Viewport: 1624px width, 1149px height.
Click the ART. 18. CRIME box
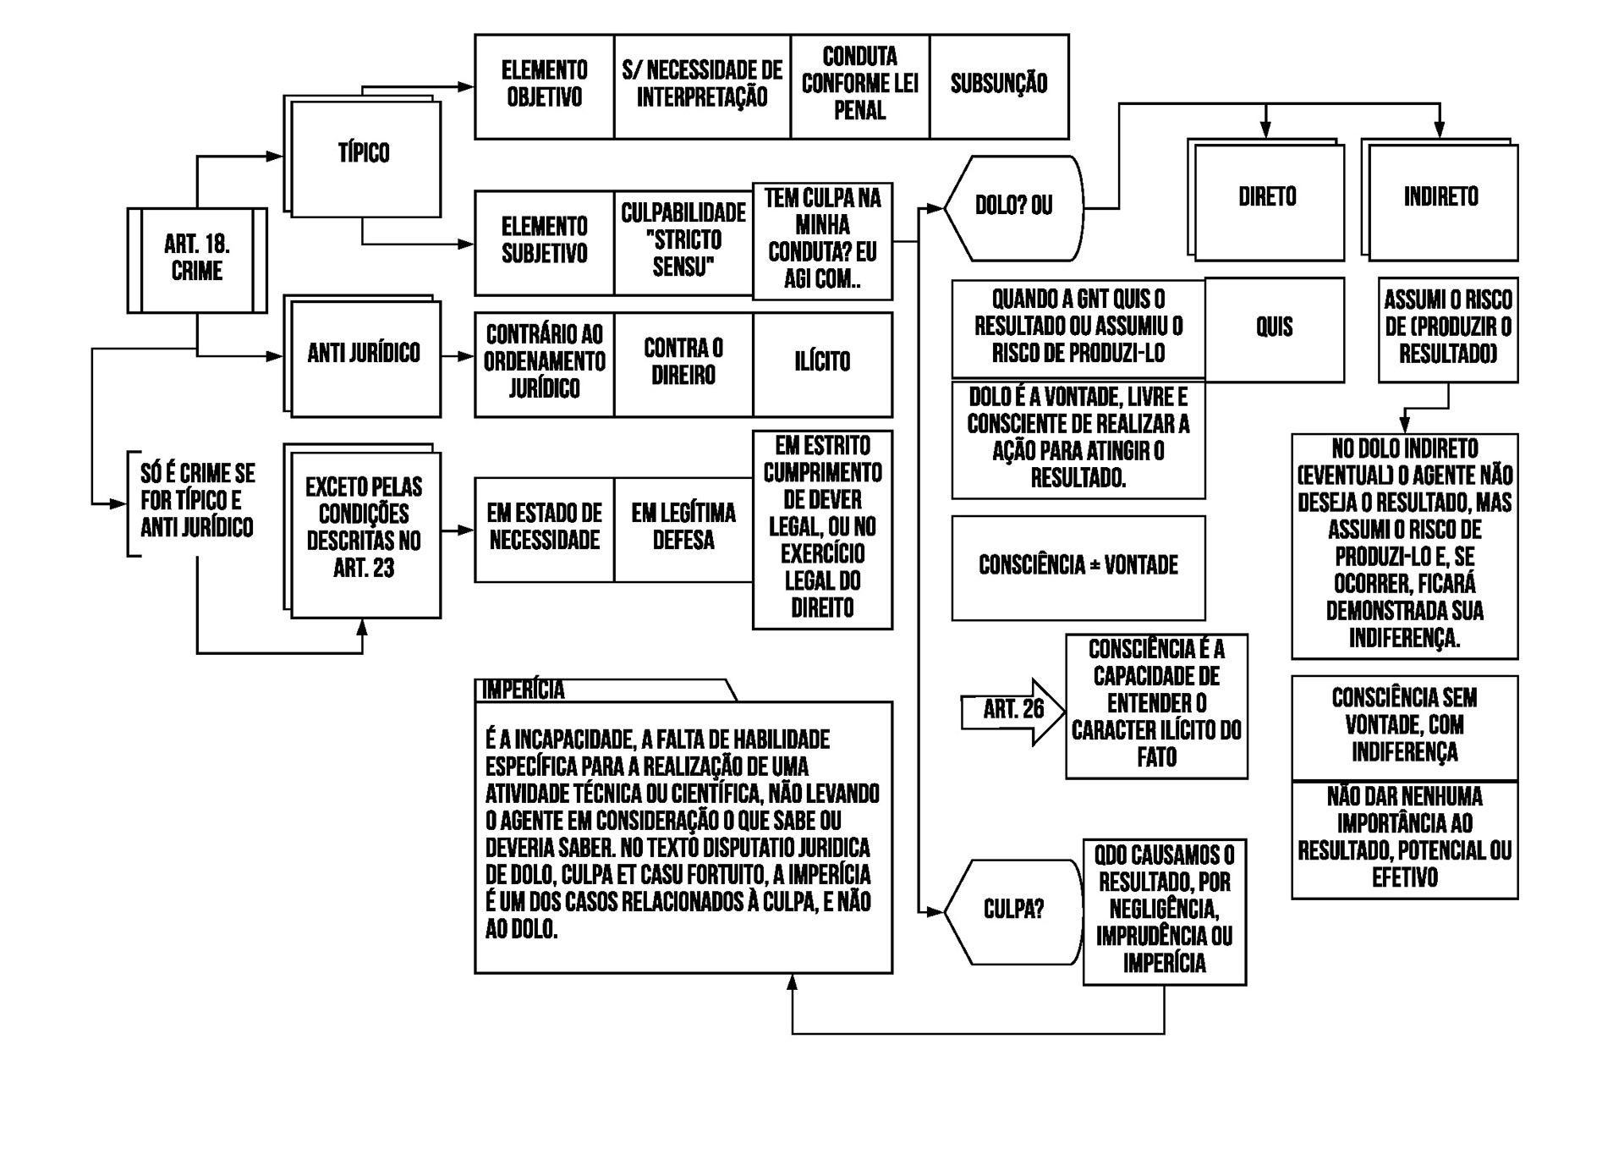coord(197,259)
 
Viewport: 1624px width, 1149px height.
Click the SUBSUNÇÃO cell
coord(999,85)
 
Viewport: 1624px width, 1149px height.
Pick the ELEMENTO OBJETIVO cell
coord(545,85)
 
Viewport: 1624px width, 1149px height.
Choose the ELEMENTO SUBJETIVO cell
coord(545,241)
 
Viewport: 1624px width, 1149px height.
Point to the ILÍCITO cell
coord(822,363)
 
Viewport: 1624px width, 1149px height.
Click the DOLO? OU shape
coord(1013,206)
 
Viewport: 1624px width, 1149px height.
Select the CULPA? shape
coord(1013,910)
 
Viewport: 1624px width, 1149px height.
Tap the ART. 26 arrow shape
coord(1012,711)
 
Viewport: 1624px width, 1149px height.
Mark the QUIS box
coord(1274,328)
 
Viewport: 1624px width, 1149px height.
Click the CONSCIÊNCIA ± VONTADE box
coord(1078,566)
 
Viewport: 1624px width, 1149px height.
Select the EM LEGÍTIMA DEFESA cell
coord(683,528)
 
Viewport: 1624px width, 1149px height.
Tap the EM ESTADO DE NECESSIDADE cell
coord(545,528)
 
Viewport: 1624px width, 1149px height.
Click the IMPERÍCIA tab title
coord(524,690)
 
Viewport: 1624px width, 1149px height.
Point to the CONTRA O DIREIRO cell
coord(683,363)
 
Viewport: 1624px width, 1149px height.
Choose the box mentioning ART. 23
coord(364,529)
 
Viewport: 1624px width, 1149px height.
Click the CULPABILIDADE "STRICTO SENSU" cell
coord(683,241)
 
